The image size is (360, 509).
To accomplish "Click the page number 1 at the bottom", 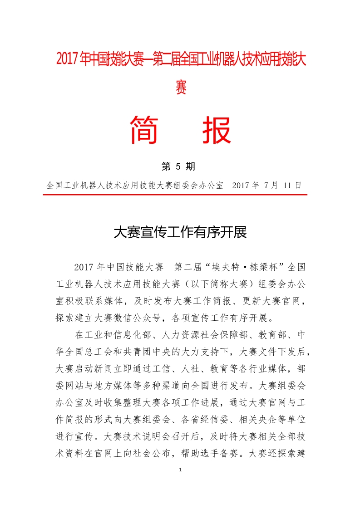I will [180, 470].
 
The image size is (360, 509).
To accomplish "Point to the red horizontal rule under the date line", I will [175, 195].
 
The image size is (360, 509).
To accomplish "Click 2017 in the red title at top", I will [67, 59].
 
